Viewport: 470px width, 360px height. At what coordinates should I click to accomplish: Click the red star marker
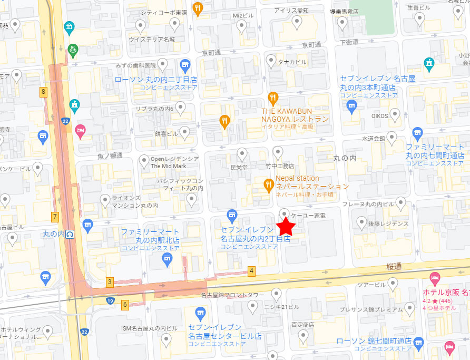tap(287, 226)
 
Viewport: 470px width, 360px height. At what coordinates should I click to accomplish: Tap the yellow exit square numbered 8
tap(43, 92)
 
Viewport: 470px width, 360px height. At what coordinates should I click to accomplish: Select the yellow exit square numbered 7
tap(54, 216)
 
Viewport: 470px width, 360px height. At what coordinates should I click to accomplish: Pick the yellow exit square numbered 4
tap(252, 271)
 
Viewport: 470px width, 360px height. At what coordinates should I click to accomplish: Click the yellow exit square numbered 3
tap(110, 281)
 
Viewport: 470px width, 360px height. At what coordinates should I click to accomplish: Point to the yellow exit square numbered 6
tap(125, 304)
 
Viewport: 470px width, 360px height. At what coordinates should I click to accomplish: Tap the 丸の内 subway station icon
tap(70, 233)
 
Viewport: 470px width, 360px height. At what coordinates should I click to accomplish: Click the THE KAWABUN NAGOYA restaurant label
tap(295, 115)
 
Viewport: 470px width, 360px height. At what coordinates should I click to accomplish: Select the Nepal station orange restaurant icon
tap(269, 184)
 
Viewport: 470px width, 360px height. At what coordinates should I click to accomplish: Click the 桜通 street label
tap(394, 267)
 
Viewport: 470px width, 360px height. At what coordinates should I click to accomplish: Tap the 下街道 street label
tap(349, 42)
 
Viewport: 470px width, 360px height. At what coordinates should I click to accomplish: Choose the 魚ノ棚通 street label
tap(110, 155)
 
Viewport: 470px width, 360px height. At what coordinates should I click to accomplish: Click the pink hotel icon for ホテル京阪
tap(435, 277)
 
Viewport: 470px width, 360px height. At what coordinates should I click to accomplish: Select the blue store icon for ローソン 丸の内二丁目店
tap(184, 66)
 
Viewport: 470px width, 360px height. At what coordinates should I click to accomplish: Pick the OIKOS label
tap(379, 115)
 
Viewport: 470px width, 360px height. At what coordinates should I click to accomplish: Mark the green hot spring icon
tap(73, 49)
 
